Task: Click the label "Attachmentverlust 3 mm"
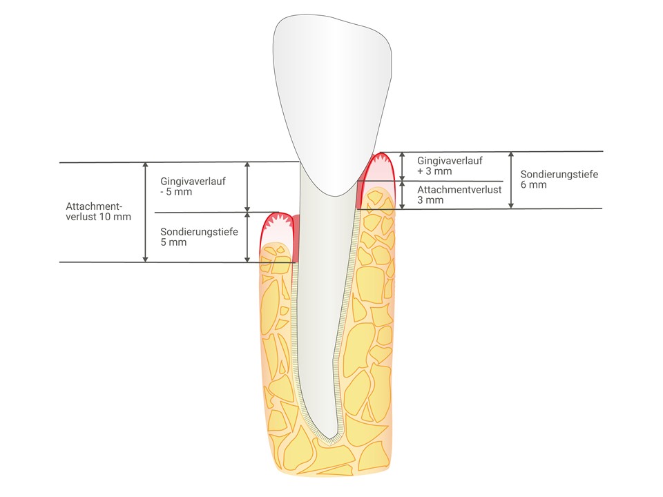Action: [459, 195]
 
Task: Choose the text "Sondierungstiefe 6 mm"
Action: [549, 179]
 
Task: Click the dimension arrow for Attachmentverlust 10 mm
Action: [145, 212]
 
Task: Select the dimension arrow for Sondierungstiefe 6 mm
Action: [511, 179]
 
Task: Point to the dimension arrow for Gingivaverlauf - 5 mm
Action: [247, 186]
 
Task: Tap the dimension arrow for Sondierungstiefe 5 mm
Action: [247, 237]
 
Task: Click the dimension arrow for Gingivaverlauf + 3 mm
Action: [403, 166]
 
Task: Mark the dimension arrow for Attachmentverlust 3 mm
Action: [403, 195]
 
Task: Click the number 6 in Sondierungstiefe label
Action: [523, 185]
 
